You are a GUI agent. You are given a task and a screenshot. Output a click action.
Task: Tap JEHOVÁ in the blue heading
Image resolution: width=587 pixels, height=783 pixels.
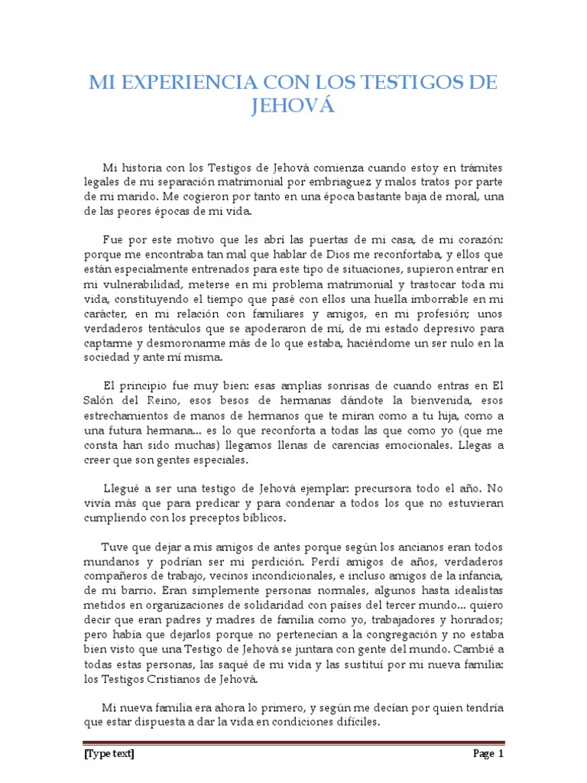click(x=293, y=106)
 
